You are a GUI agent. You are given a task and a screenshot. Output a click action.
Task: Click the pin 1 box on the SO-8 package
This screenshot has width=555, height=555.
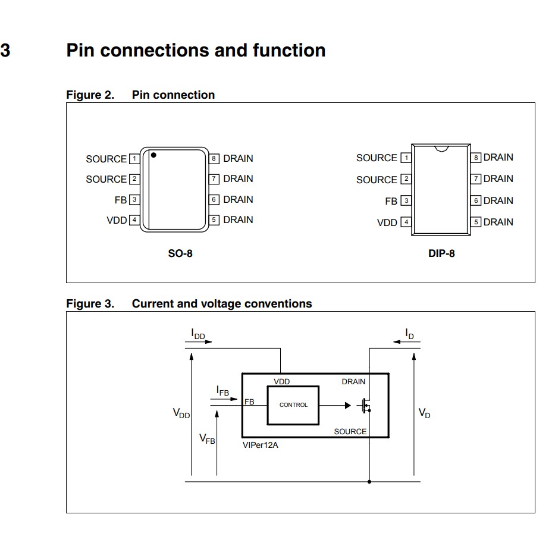[x=134, y=159]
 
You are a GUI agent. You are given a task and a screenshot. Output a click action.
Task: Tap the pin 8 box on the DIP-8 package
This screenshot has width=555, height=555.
[x=476, y=158]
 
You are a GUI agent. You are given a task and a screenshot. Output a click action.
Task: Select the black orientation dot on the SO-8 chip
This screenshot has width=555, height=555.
[x=153, y=155]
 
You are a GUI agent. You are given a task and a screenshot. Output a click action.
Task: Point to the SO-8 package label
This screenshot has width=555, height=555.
[x=180, y=253]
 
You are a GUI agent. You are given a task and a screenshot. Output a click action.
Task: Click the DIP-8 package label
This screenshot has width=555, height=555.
[x=441, y=253]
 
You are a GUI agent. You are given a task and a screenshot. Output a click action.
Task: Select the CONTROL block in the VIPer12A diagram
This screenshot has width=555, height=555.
[x=293, y=405]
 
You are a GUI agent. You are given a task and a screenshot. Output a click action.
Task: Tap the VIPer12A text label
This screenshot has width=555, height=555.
[x=260, y=445]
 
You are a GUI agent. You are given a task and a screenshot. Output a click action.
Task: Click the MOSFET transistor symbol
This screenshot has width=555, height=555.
[x=365, y=406]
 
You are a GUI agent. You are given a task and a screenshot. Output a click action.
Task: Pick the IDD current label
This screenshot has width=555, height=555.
[x=198, y=335]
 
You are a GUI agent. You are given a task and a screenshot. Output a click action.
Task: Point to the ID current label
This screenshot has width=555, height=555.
[x=409, y=334]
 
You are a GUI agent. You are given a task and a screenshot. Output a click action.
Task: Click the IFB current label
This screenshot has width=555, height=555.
[x=222, y=391]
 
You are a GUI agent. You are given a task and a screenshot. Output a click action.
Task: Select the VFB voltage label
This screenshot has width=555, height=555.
[x=207, y=440]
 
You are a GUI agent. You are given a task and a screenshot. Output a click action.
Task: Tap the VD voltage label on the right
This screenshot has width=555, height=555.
[x=424, y=413]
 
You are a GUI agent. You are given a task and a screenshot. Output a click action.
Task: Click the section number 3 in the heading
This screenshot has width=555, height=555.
[x=5, y=51]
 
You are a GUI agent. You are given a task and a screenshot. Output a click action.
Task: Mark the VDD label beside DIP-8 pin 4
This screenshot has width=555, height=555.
[x=387, y=223]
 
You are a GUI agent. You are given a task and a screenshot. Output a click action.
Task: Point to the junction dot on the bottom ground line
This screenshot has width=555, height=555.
[x=369, y=481]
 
